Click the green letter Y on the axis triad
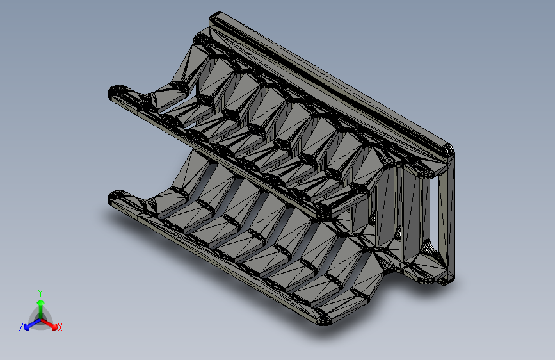pos(40,293)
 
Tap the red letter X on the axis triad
pos(60,327)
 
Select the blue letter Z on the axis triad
pos(21,327)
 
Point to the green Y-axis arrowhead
pos(41,303)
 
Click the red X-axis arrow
pos(49,324)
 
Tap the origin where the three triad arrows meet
pos(41,320)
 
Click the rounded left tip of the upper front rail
pos(115,93)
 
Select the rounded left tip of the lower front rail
pos(115,198)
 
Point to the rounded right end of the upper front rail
pos(323,212)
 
